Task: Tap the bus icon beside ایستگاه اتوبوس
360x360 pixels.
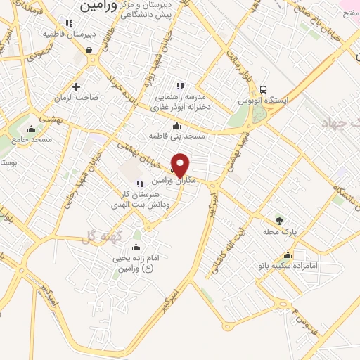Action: (262, 90)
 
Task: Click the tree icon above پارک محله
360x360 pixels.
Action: (280, 221)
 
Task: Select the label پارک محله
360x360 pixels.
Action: (277, 232)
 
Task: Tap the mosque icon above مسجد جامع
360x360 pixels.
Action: (30, 129)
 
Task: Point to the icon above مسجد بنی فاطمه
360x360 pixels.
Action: (176, 126)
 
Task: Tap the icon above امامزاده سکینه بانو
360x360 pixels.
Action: (287, 255)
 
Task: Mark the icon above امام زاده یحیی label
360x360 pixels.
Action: (136, 247)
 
